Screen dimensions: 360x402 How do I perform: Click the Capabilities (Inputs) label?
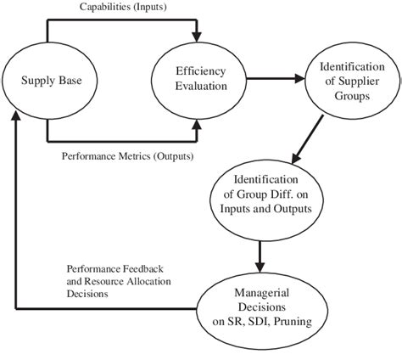[x=121, y=8]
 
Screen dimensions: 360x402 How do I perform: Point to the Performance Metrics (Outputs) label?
[x=127, y=157]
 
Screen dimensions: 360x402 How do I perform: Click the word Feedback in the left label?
[x=152, y=268]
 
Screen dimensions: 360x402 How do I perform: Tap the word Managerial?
[x=265, y=294]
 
